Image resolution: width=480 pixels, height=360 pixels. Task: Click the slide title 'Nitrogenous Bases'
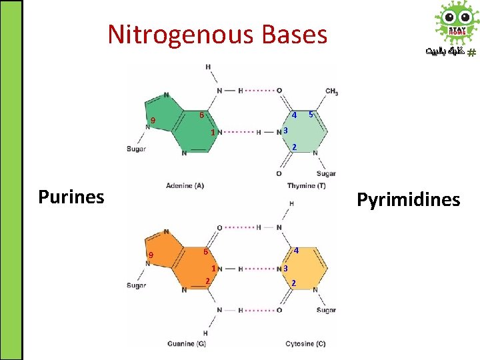pos(217,34)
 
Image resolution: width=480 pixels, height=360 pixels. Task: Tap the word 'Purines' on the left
pos(71,197)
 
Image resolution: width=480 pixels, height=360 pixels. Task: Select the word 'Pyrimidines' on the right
pos(408,200)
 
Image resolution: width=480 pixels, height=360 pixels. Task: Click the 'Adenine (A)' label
pos(185,185)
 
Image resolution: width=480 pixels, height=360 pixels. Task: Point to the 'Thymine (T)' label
pos(307,185)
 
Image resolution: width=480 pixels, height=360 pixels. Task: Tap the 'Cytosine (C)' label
pos(305,344)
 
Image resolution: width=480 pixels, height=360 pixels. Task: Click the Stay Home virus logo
pos(457,23)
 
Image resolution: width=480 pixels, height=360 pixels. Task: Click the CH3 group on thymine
pos(331,91)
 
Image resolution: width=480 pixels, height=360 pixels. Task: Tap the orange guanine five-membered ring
pos(159,249)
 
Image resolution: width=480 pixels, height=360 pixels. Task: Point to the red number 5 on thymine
pos(311,115)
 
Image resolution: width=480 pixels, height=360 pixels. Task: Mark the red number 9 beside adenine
pos(153,121)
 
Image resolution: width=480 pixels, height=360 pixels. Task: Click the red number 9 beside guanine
pos(151,255)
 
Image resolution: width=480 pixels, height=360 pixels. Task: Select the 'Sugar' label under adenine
pos(136,149)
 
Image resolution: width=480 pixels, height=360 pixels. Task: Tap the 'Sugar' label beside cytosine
pos(327,310)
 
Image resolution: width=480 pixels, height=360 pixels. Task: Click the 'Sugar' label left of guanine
pos(136,285)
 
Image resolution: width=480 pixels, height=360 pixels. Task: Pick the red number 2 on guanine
pos(207,281)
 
